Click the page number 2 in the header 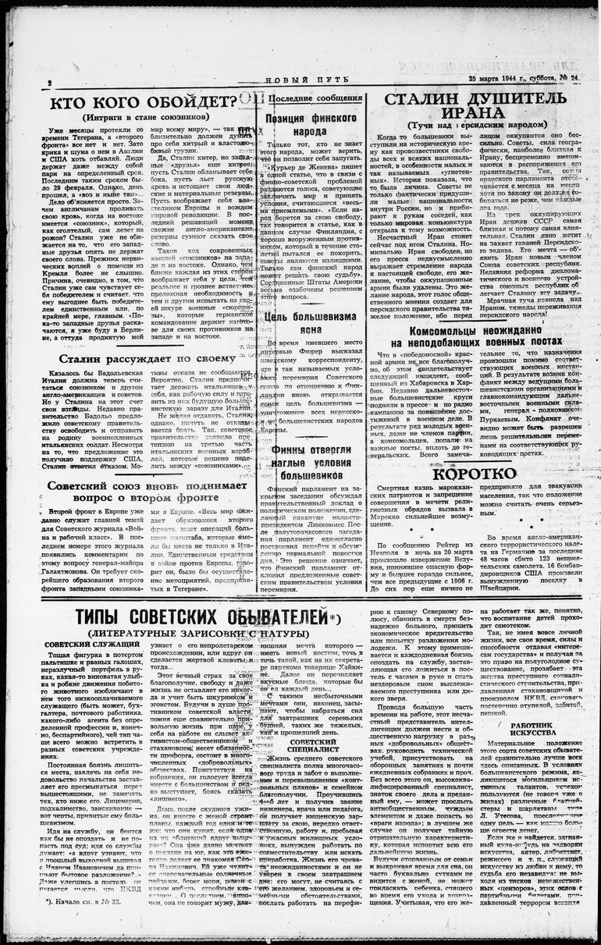[x=50, y=82]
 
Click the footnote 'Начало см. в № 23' [x=80, y=925]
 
